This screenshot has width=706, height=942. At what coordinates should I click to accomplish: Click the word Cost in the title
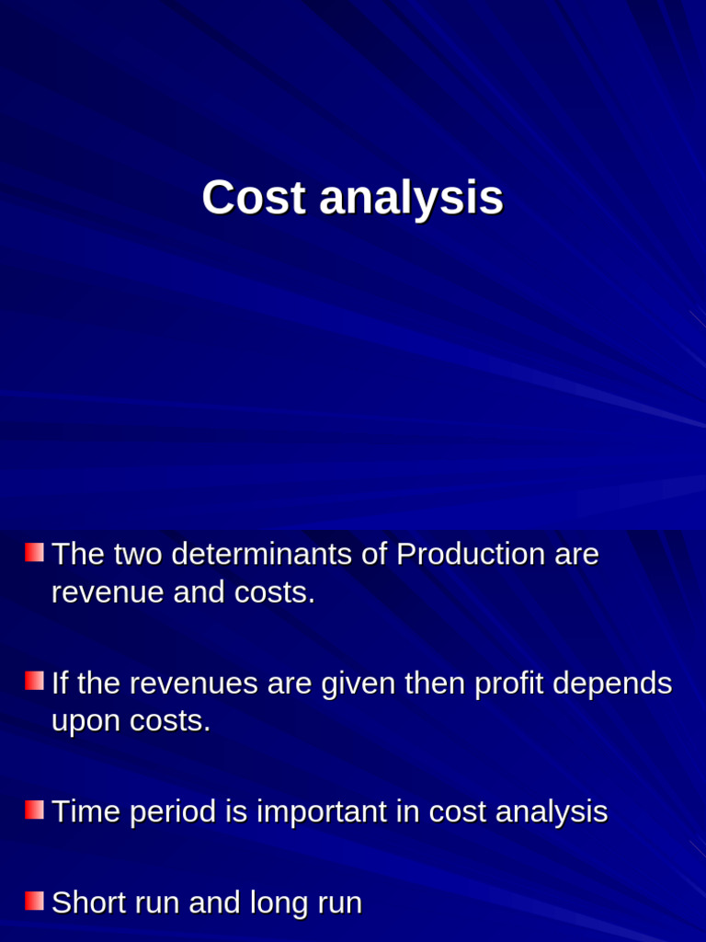[254, 198]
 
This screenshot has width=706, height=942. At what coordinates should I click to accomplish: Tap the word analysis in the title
[411, 200]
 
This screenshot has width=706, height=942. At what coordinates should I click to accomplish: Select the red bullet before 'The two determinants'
[34, 552]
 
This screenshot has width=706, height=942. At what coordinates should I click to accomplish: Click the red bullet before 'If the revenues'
[34, 681]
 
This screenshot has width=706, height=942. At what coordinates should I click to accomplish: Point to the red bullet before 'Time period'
[34, 810]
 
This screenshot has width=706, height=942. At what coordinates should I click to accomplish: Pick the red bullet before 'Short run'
[34, 900]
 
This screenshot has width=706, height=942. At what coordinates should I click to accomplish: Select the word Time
[85, 811]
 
